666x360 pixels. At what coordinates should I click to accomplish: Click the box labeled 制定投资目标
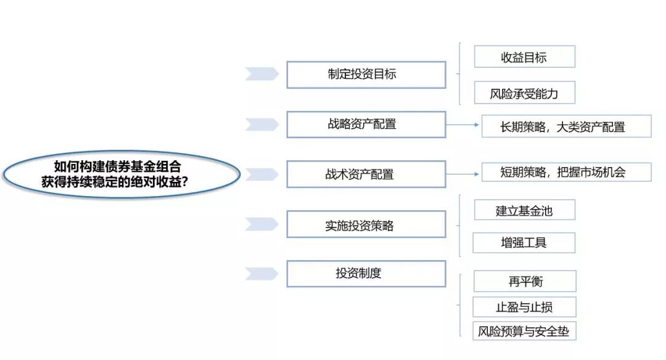point(366,75)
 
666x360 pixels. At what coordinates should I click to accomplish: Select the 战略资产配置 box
point(366,125)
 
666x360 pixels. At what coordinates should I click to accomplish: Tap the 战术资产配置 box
point(366,174)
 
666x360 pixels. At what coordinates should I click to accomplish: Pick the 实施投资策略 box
point(366,224)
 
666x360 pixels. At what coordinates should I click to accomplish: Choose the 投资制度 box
point(366,274)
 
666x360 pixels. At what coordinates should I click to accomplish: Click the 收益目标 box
point(525,57)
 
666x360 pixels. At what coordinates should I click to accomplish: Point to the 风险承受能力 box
point(525,92)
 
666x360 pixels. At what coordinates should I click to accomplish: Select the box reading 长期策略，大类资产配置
point(566,126)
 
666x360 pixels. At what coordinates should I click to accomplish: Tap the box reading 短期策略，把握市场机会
point(566,172)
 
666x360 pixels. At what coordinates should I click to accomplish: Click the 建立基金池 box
point(525,210)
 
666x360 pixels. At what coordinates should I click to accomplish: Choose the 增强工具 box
point(524,243)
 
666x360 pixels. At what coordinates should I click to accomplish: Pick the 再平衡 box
point(525,281)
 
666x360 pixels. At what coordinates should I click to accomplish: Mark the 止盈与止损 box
point(525,307)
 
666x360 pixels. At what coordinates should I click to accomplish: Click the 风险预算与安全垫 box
point(525,331)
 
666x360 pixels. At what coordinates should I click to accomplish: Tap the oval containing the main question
point(121,174)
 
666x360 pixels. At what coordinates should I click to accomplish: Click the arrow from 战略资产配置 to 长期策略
point(462,125)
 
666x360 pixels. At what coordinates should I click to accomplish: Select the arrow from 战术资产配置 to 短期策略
point(462,174)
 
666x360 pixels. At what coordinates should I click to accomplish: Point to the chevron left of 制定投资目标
point(261,74)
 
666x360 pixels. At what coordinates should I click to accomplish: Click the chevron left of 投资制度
point(261,274)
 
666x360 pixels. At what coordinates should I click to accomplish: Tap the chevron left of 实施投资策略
point(261,224)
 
